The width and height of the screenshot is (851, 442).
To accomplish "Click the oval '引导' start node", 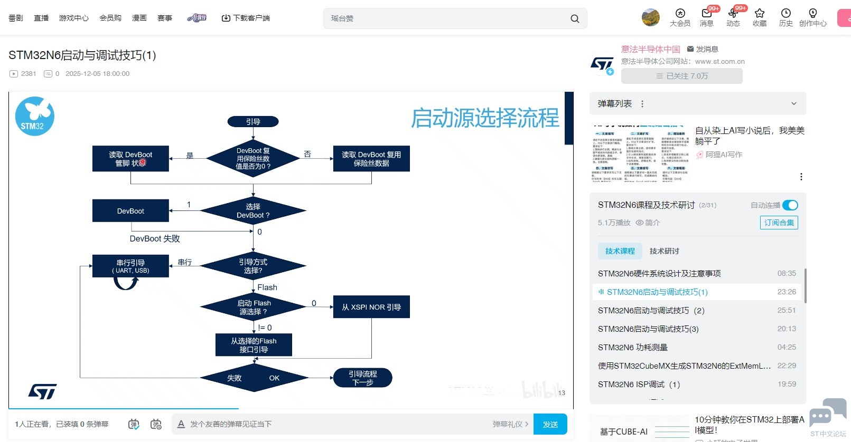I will [253, 122].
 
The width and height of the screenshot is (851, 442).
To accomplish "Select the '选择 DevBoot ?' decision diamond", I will [253, 211].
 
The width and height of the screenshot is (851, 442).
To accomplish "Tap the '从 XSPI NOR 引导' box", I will [371, 307].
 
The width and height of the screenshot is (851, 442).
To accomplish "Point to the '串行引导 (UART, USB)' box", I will [130, 266].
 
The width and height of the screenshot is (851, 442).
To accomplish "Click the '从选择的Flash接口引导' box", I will [254, 345].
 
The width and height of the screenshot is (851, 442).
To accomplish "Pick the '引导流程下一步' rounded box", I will [363, 378].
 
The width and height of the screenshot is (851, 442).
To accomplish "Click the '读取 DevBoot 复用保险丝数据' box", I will [371, 159].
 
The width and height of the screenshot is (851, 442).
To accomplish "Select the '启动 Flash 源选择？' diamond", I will [254, 307].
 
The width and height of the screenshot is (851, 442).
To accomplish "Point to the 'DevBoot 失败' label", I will [155, 238].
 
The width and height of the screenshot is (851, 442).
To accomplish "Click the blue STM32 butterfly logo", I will [35, 116].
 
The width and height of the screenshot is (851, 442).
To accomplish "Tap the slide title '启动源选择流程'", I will [485, 118].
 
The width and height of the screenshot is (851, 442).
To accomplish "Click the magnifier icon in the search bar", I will [575, 18].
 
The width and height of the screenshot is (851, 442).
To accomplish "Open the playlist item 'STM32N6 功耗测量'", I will [633, 347].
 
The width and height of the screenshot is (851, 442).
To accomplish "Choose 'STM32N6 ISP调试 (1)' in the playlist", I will [639, 384].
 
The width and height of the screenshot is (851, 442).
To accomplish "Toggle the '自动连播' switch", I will [790, 205].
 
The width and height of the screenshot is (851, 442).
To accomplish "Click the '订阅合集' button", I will [779, 223].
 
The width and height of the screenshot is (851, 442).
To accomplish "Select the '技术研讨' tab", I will [664, 251].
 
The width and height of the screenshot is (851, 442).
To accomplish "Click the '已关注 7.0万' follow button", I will [681, 76].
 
